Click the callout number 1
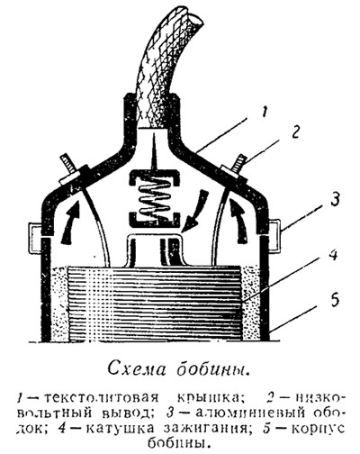coord(263,113)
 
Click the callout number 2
coord(295,132)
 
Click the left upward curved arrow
coord(70,222)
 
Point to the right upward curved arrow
coord(239,221)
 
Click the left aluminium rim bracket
coord(36,236)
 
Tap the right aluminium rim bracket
coord(274,234)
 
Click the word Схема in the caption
coord(137,368)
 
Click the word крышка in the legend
coord(206,398)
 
